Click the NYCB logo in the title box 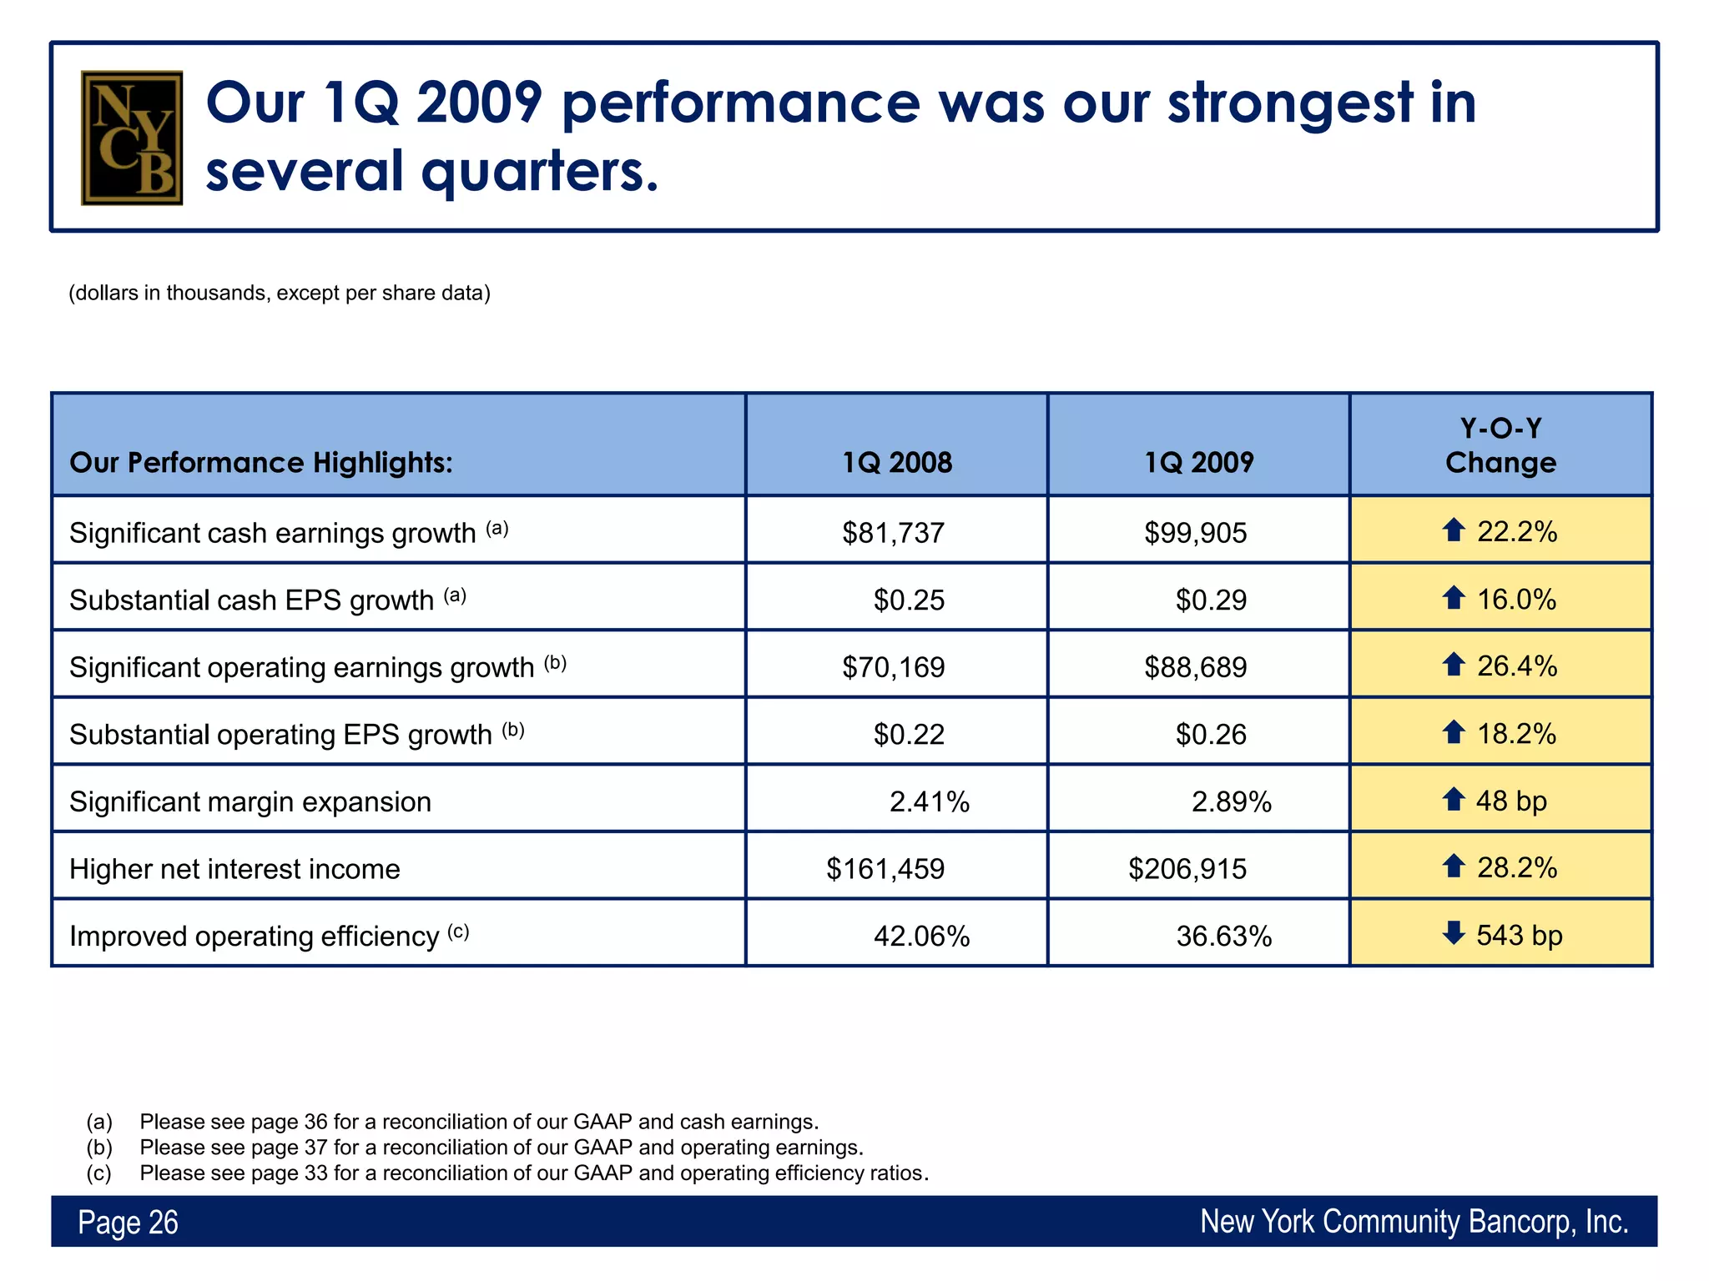click(x=132, y=138)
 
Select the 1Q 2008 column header click(x=896, y=462)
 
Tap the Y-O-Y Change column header click(x=1500, y=445)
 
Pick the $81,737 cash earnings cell click(x=893, y=532)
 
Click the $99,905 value click(x=1195, y=532)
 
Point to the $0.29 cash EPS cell click(x=1211, y=600)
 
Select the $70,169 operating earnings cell click(x=893, y=667)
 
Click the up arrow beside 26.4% click(x=1454, y=665)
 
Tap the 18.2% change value click(x=1516, y=734)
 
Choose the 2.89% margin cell click(x=1231, y=801)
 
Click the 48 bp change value click(x=1511, y=801)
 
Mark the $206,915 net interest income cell click(x=1187, y=869)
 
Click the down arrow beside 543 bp click(x=1454, y=933)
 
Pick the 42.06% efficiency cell click(x=921, y=937)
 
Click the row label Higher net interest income click(x=234, y=869)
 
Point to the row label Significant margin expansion click(x=250, y=801)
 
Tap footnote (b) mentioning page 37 click(x=501, y=1148)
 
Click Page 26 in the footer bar click(x=128, y=1223)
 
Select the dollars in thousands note click(x=280, y=293)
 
